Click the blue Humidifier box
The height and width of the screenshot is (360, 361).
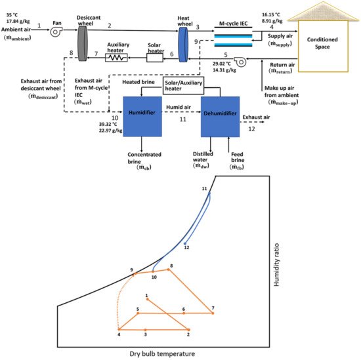[142, 112]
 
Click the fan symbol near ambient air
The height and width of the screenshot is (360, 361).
[56, 28]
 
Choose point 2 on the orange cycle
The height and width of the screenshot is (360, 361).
[188, 329]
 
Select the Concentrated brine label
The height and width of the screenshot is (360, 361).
[142, 158]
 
